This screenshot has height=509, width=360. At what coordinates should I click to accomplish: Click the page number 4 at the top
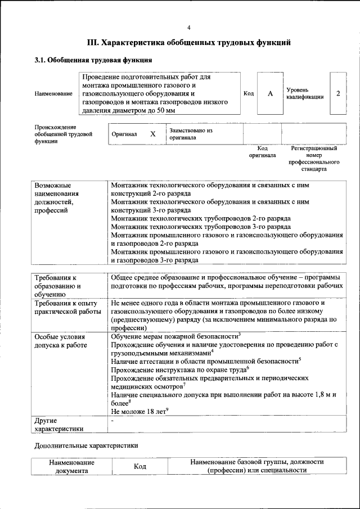pyautogui.click(x=189, y=28)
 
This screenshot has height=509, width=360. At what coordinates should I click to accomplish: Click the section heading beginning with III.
pyautogui.click(x=189, y=42)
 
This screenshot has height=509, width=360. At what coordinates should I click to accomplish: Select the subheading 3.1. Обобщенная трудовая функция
pyautogui.click(x=93, y=60)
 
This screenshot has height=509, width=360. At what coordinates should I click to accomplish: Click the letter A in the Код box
pyautogui.click(x=270, y=93)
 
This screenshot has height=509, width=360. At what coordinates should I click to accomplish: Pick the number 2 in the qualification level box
pyautogui.click(x=337, y=93)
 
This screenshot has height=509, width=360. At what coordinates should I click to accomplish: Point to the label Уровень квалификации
pyautogui.click(x=305, y=93)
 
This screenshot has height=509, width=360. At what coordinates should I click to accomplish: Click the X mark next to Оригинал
pyautogui.click(x=152, y=134)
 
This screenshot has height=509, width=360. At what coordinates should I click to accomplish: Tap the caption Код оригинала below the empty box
pyautogui.click(x=263, y=151)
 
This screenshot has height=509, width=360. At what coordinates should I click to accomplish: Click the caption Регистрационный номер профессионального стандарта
pyautogui.click(x=313, y=159)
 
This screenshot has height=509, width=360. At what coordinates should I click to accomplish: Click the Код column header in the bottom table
pyautogui.click(x=139, y=467)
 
